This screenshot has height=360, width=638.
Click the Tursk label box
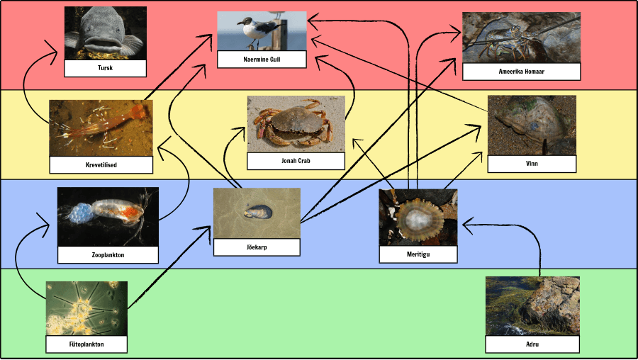[x=106, y=68]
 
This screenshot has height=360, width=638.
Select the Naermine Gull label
[x=262, y=60]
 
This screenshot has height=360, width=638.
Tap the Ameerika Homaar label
[x=521, y=72]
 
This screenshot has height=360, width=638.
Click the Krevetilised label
[x=101, y=164]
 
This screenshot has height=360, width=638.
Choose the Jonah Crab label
[x=296, y=161]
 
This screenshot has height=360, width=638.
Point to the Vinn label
[x=532, y=164]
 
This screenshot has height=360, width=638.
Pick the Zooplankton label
[x=108, y=255]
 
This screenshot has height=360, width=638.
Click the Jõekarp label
[x=257, y=247]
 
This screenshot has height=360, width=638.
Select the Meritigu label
[x=418, y=254]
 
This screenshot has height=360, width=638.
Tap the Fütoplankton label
[x=86, y=344]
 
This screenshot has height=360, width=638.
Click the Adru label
[x=532, y=344]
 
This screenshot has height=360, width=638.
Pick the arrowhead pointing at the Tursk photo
[x=52, y=52]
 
